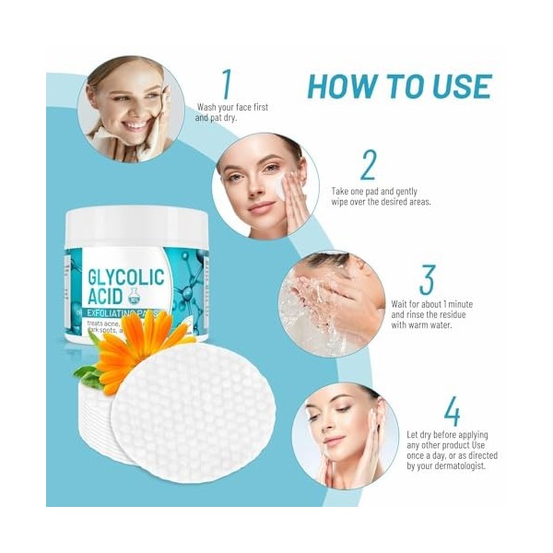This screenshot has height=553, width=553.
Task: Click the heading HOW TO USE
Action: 398,86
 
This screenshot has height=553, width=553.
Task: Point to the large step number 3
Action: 426,279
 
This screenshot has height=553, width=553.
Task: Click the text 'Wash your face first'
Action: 232,107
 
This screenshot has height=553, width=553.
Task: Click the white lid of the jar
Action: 136,227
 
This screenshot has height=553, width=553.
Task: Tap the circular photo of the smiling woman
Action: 128,108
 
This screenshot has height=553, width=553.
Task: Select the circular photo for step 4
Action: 338,436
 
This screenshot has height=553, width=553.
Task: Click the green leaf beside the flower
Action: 85,375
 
